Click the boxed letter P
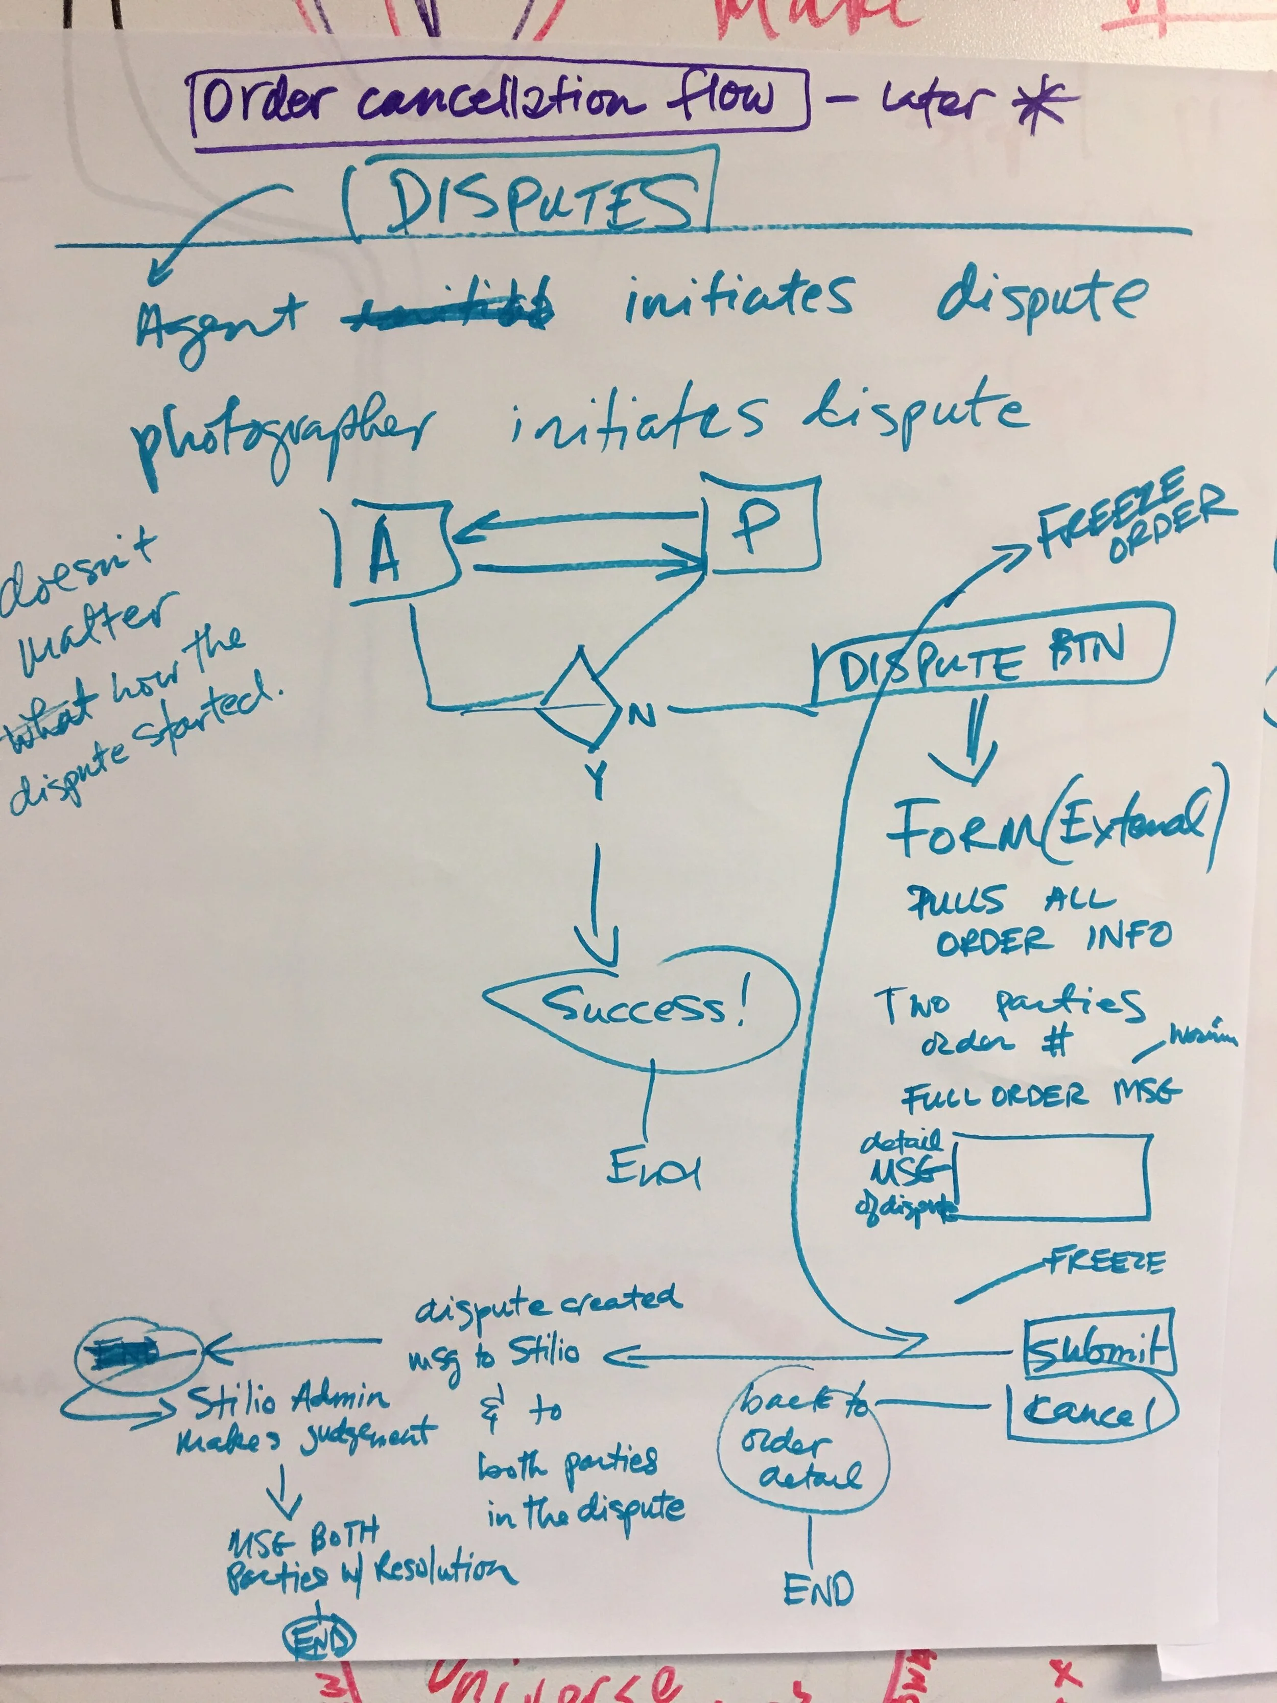pyautogui.click(x=758, y=525)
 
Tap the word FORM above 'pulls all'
pyautogui.click(x=962, y=831)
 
